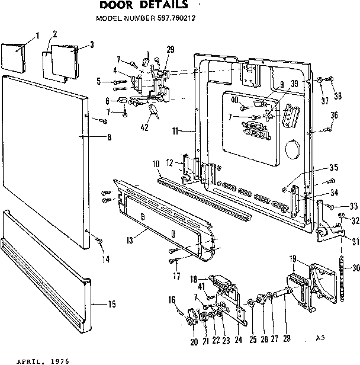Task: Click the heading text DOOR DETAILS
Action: point(143,5)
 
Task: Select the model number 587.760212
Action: point(176,18)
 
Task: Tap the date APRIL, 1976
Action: point(43,361)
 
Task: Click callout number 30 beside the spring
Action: point(356,268)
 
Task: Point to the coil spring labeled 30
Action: point(342,278)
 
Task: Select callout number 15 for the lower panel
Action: point(112,304)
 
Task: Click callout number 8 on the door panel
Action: point(110,137)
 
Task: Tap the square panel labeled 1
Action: point(13,57)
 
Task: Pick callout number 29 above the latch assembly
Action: point(171,49)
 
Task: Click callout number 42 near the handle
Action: point(144,127)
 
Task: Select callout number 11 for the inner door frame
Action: point(175,131)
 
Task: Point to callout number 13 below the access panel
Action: point(130,240)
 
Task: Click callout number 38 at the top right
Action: point(338,95)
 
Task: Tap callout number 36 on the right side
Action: point(334,115)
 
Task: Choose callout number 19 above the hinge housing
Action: point(292,258)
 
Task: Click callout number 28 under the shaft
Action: point(287,338)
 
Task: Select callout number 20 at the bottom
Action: point(194,342)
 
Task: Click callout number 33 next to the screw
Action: point(353,206)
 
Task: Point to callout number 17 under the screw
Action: point(176,276)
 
